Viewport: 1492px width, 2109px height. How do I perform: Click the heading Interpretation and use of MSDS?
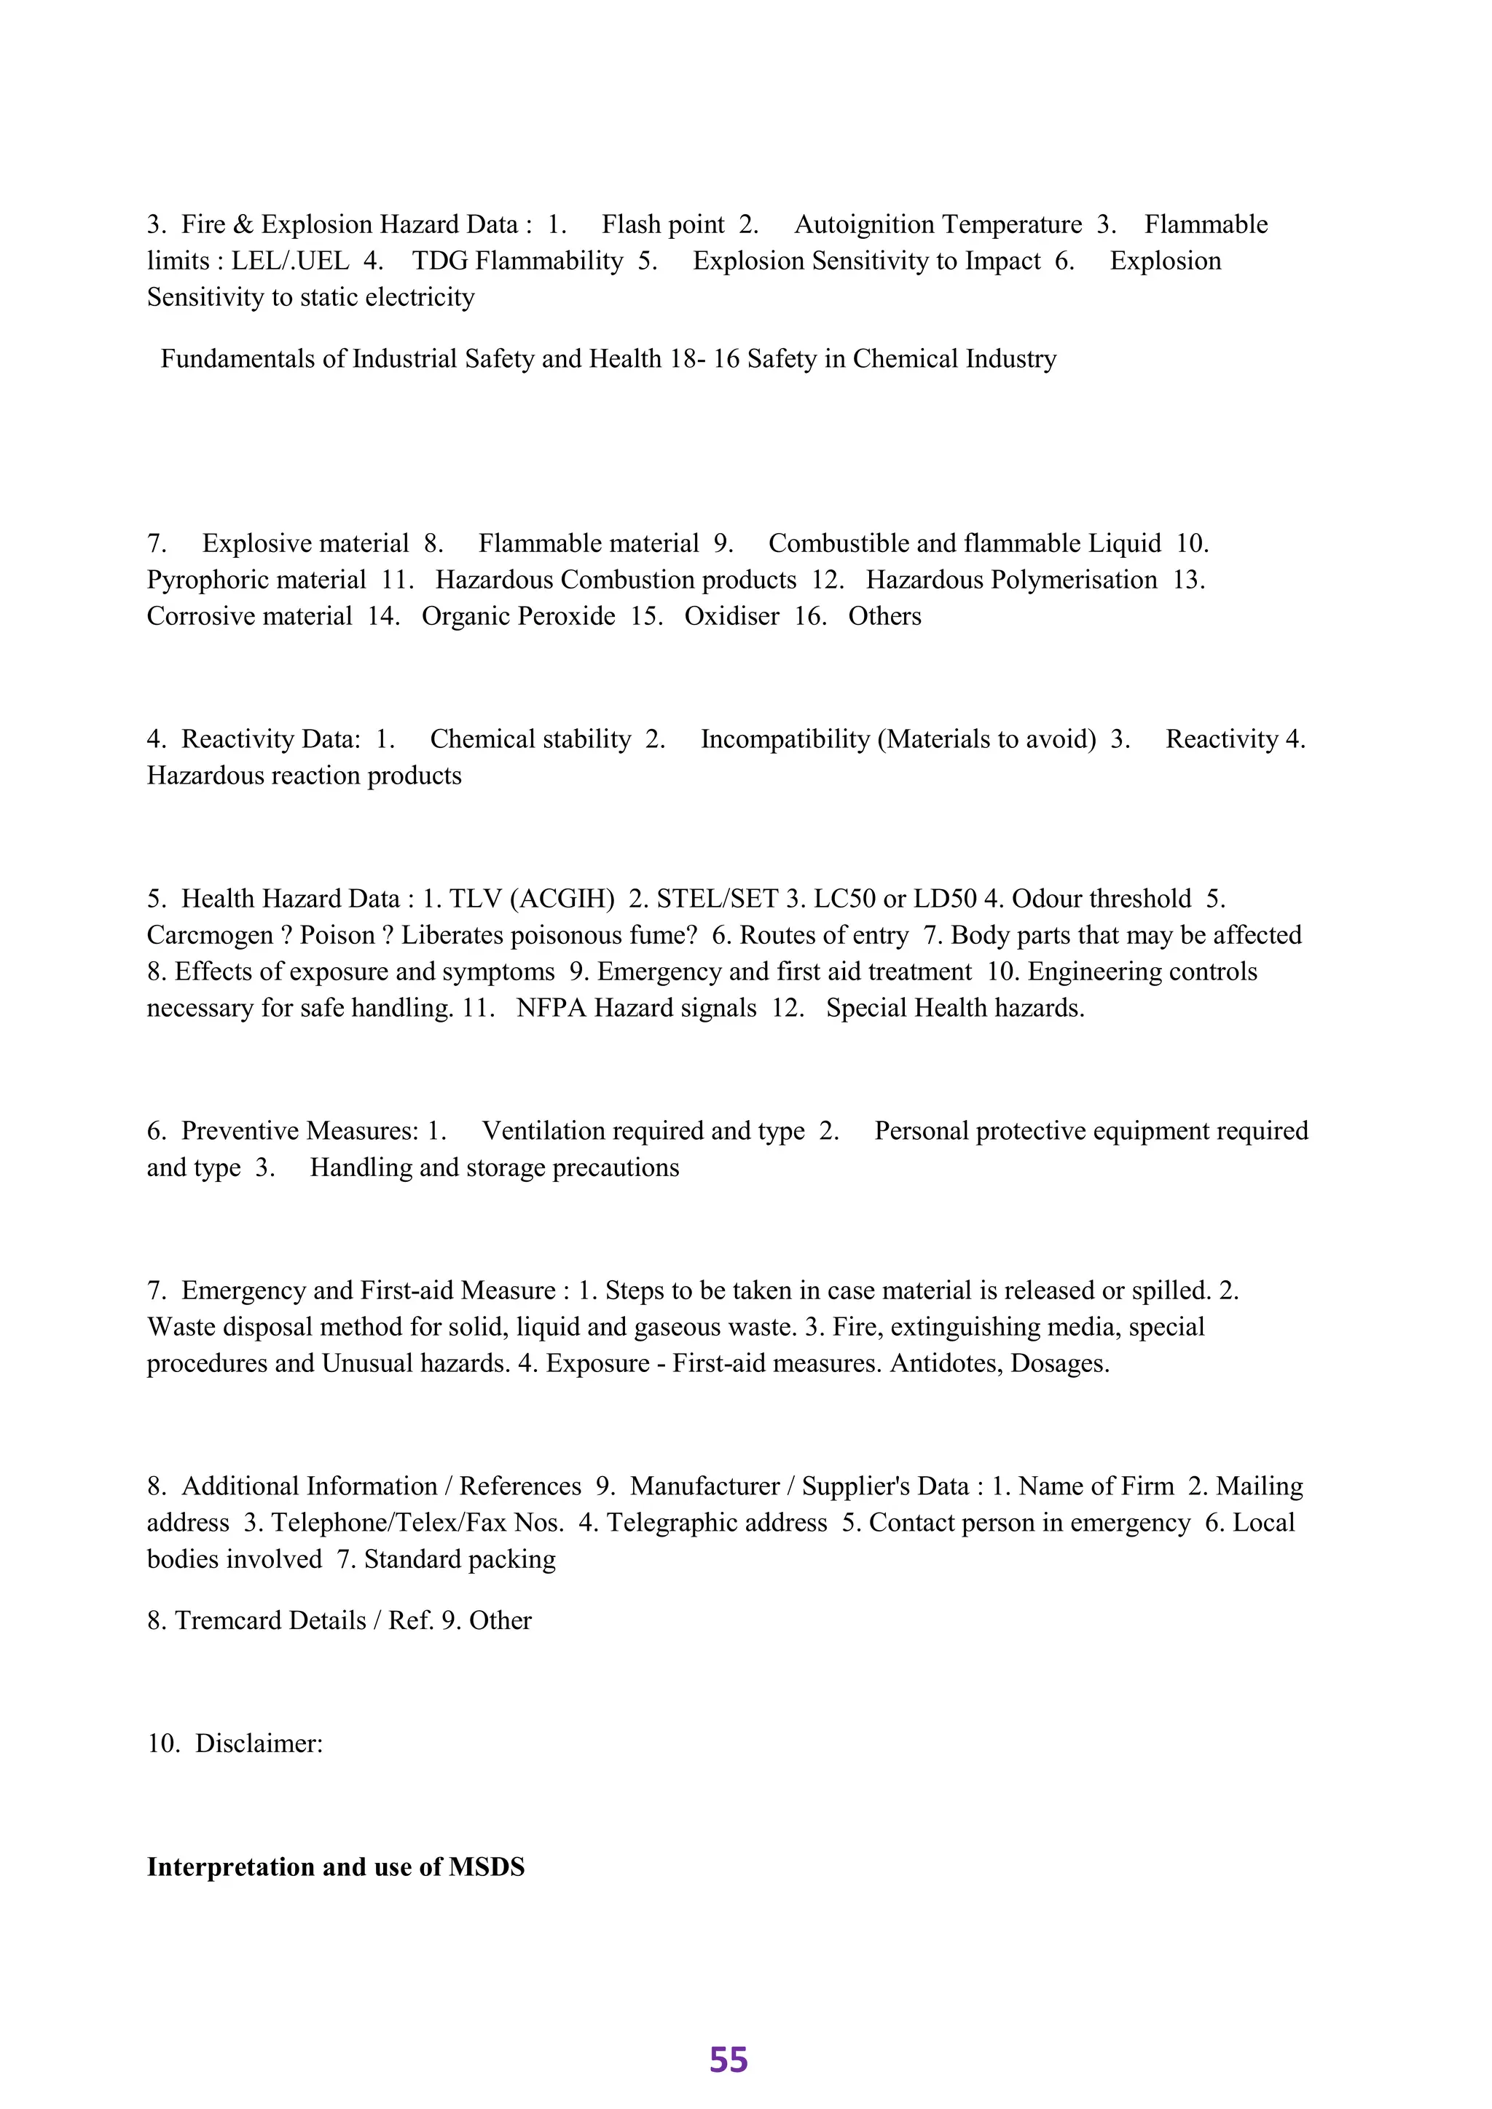[x=335, y=1866]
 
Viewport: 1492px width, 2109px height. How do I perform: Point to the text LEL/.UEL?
[x=289, y=261]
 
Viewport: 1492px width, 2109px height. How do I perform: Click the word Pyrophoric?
[x=208, y=580]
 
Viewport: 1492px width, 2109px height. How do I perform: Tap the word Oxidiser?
[x=731, y=615]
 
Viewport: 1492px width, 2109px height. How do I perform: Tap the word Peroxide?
[x=563, y=615]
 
